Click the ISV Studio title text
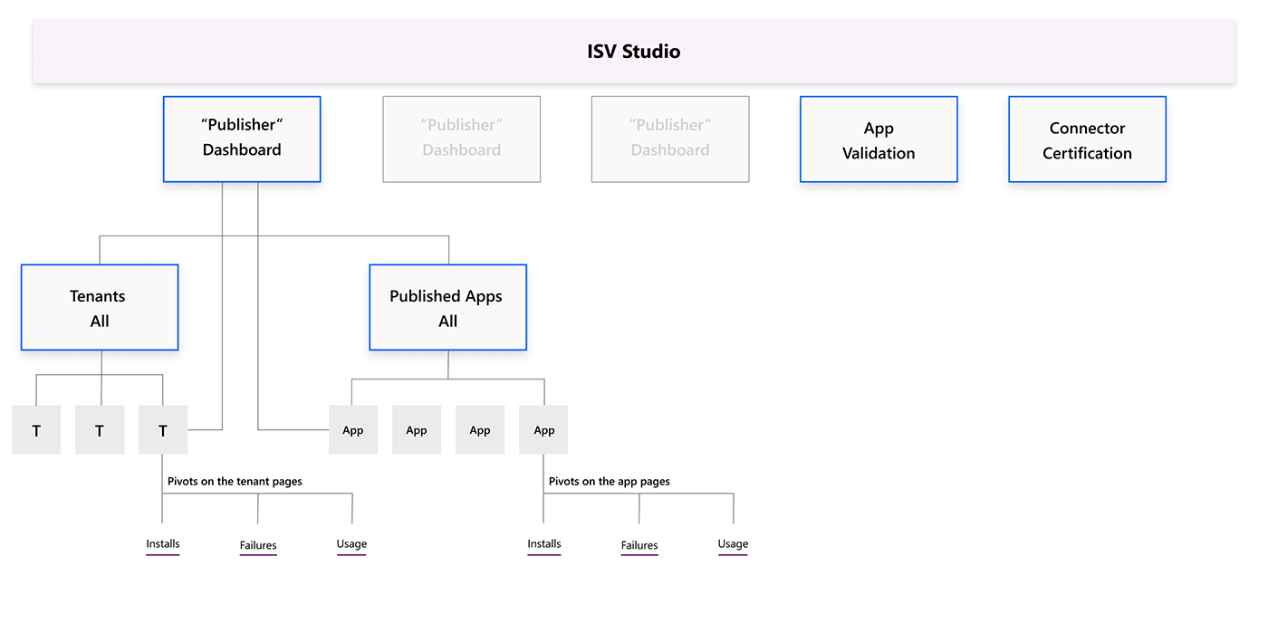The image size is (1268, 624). click(x=633, y=52)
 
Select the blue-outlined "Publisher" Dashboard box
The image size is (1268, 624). click(x=242, y=139)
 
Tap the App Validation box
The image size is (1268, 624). click(x=879, y=140)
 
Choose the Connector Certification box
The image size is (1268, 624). click(x=1087, y=140)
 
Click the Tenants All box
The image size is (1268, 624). click(x=100, y=308)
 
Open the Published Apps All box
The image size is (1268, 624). click(x=447, y=308)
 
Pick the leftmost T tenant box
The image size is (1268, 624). click(x=36, y=430)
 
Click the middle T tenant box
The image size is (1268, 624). click(x=100, y=430)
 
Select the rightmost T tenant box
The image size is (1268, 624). click(x=163, y=430)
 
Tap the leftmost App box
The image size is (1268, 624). click(x=353, y=430)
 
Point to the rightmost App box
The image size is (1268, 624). click(x=543, y=430)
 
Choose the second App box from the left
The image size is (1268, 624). click(x=417, y=430)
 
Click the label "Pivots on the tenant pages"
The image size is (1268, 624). click(x=235, y=482)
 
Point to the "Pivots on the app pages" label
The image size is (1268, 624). click(x=609, y=482)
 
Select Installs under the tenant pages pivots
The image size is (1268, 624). click(x=163, y=544)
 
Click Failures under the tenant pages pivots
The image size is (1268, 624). click(x=258, y=546)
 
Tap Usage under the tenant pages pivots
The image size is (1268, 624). click(x=351, y=544)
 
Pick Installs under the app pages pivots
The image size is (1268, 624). click(x=544, y=544)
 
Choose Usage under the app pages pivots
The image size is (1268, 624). click(x=733, y=544)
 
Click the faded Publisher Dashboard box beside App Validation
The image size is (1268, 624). click(x=670, y=139)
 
